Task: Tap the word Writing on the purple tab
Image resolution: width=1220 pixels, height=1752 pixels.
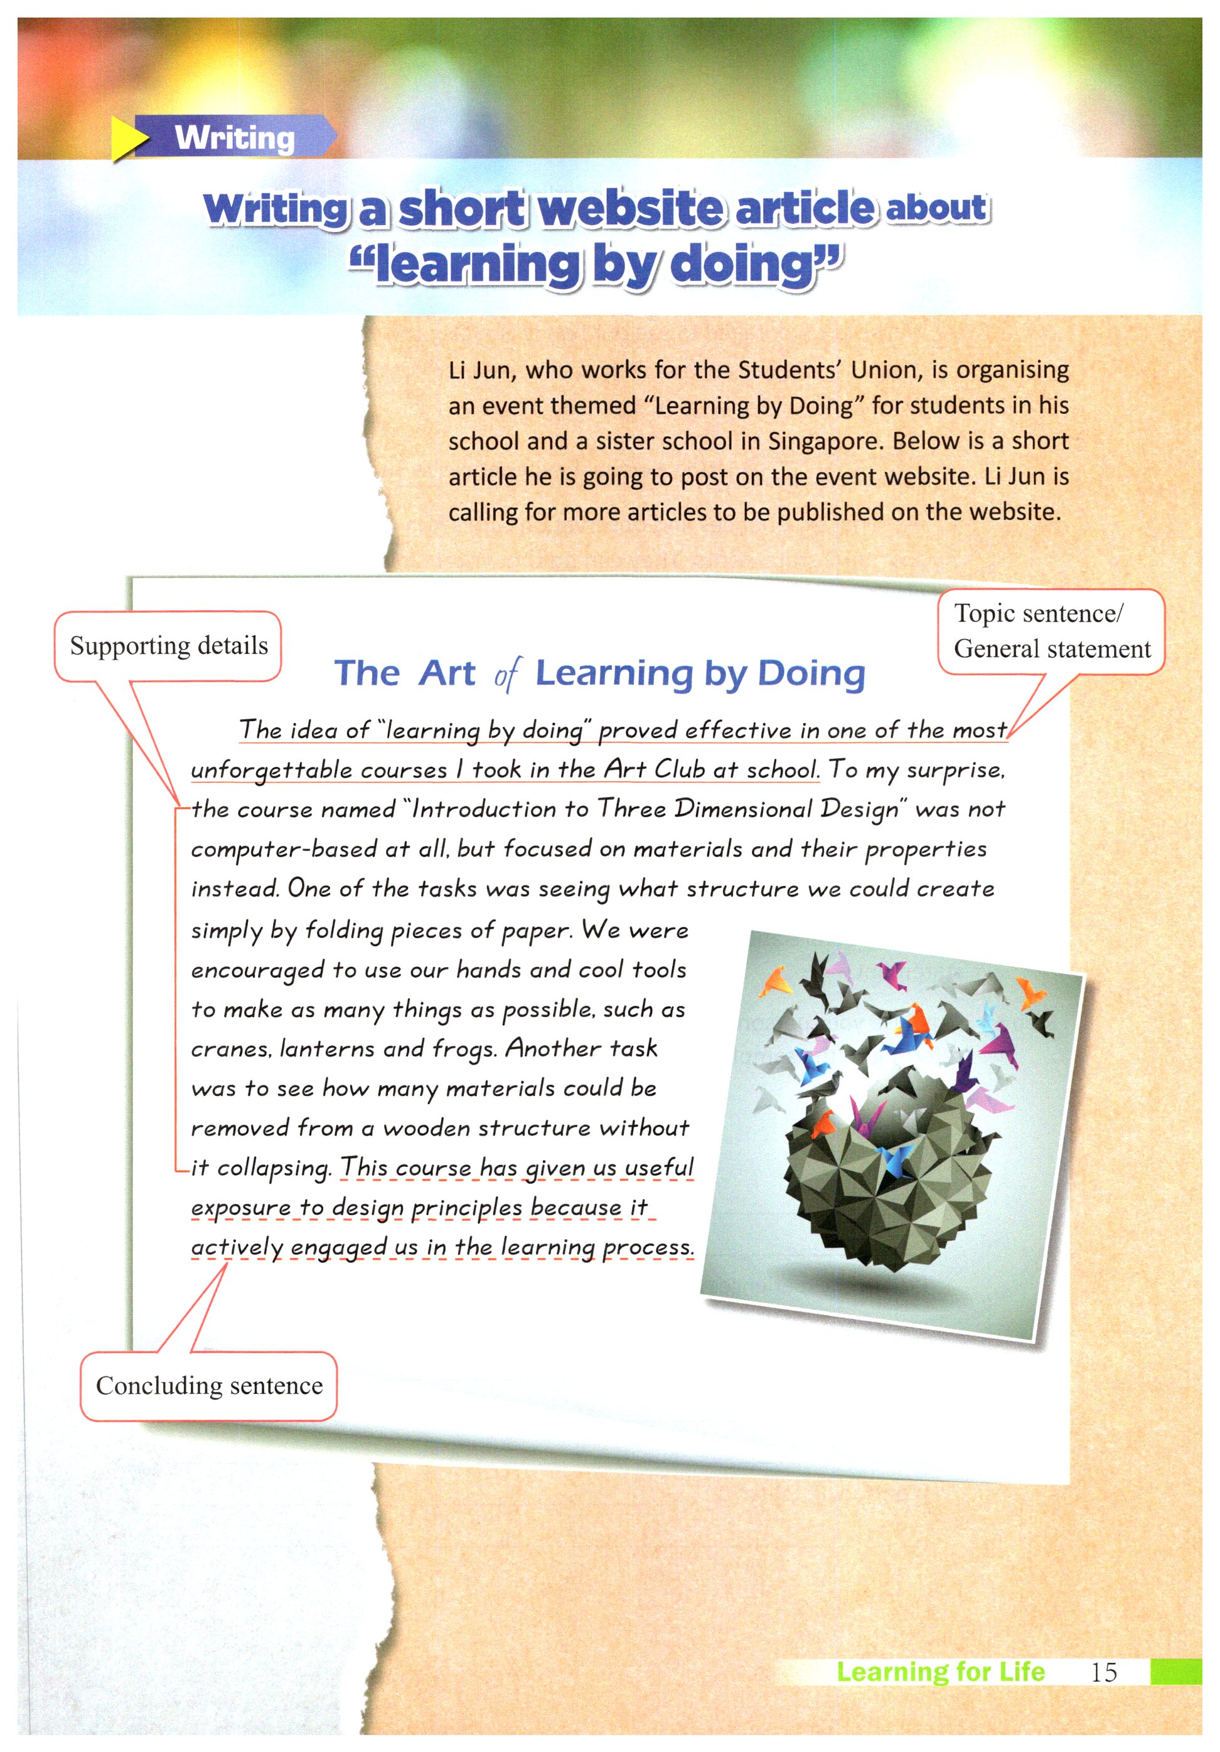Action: tap(234, 138)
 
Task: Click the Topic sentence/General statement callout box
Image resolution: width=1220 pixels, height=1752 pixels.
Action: tap(1051, 631)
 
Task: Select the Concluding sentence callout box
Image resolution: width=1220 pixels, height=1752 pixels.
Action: tap(209, 1386)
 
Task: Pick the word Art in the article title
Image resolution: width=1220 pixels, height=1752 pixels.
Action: tap(447, 673)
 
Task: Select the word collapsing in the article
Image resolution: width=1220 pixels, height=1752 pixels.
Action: tap(274, 1168)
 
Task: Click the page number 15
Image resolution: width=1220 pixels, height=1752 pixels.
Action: tap(1103, 1672)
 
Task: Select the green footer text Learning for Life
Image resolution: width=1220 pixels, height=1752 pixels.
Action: tap(941, 1671)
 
